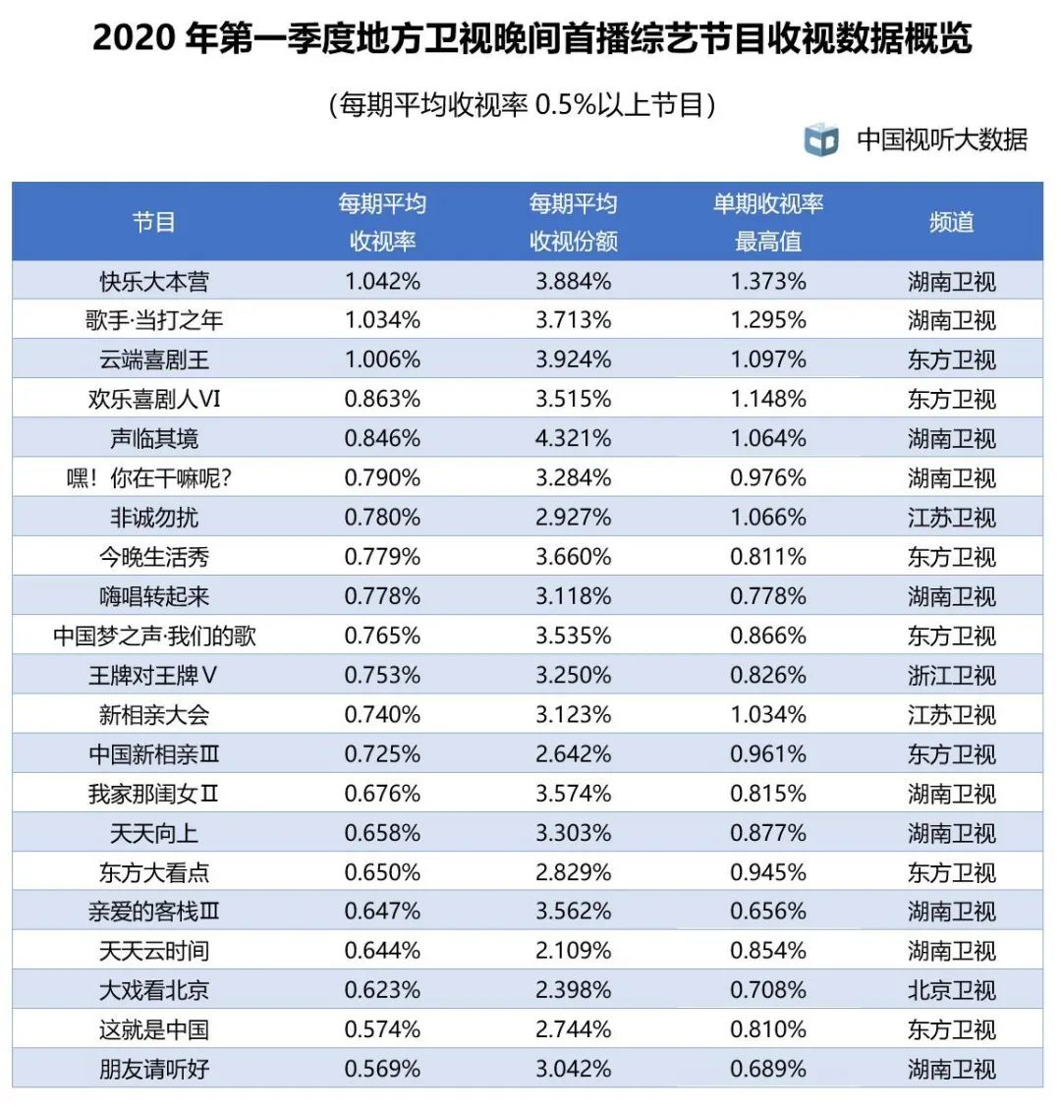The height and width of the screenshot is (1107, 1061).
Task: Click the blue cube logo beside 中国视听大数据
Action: (821, 139)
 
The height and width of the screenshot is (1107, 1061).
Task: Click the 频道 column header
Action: (951, 222)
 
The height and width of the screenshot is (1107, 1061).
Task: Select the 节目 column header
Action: (154, 222)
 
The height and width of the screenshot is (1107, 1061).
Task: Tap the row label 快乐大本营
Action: (154, 282)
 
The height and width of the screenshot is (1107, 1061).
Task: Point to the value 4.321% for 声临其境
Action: (573, 439)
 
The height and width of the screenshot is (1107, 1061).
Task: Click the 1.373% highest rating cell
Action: (767, 282)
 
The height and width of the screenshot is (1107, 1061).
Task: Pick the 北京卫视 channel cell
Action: (951, 990)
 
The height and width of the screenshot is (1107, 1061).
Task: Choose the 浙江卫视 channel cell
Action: (951, 676)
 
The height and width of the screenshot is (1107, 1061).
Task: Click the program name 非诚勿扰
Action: (154, 518)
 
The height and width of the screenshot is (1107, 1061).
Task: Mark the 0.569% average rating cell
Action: (382, 1069)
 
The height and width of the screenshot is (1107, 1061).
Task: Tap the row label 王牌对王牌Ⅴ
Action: (154, 676)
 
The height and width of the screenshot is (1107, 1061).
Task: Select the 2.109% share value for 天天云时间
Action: (573, 951)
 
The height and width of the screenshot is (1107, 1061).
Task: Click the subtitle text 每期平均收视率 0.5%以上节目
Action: (522, 104)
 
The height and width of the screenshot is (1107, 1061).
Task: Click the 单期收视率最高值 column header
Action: (767, 222)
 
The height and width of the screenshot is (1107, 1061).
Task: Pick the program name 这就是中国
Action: (154, 1029)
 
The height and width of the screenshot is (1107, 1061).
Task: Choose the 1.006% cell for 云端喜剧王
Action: (382, 360)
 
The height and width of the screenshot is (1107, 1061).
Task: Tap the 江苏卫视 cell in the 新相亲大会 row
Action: (951, 715)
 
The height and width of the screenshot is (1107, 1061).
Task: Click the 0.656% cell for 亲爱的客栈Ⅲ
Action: (767, 912)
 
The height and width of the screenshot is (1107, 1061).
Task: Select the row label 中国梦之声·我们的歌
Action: (154, 637)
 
